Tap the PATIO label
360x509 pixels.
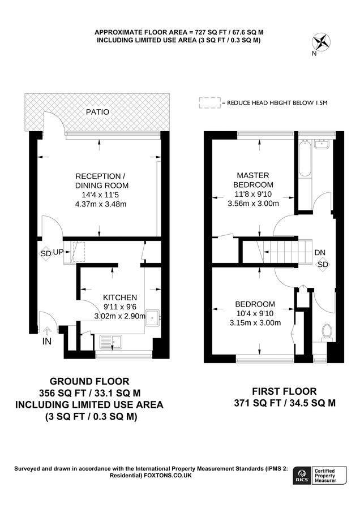(x=97, y=112)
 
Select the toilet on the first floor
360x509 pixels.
(x=326, y=331)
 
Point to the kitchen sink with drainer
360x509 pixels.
(x=112, y=341)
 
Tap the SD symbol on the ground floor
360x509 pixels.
(x=46, y=253)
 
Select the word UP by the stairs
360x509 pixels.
(x=58, y=253)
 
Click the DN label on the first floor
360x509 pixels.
(x=320, y=252)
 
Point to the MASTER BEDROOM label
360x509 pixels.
(x=253, y=180)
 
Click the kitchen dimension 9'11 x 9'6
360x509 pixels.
(x=119, y=307)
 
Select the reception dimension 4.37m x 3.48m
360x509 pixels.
(x=101, y=204)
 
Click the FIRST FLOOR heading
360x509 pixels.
(x=284, y=391)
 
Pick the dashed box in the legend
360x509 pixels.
(x=209, y=102)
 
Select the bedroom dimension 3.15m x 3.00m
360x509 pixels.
(x=255, y=323)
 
